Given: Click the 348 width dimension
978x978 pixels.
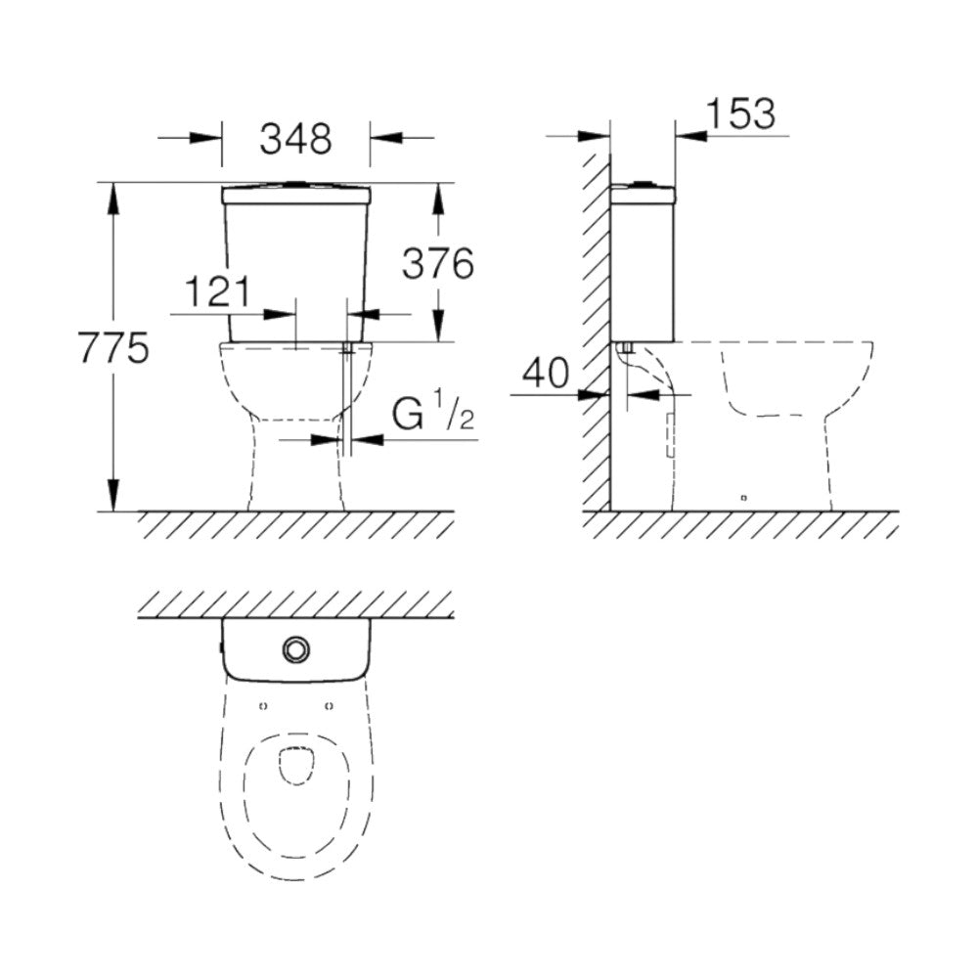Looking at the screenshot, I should tap(295, 139).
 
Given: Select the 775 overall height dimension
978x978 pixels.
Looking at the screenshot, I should tap(112, 348).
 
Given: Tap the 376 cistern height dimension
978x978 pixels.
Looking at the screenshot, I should tap(437, 263).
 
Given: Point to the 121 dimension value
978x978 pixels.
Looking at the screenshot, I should tap(218, 291).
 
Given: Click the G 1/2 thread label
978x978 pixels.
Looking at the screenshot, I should tap(433, 416).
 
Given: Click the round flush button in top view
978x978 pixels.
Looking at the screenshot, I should tap(294, 647).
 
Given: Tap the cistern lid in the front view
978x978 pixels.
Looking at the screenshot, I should tap(295, 196).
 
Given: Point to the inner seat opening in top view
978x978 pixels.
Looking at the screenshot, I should tap(295, 765).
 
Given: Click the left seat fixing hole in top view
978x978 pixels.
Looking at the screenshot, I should tap(263, 703).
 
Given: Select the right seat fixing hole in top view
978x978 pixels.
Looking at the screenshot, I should tap(328, 703).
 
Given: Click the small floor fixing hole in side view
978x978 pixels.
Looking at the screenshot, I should tap(743, 499).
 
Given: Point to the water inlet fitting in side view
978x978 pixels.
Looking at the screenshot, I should tap(627, 347).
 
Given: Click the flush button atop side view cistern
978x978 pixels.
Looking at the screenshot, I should tap(643, 182).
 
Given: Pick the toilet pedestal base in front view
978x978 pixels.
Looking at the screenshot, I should tap(296, 479).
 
